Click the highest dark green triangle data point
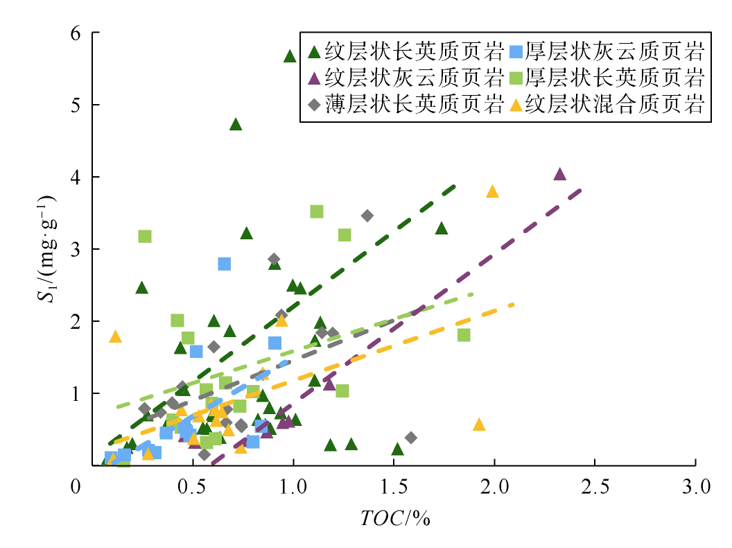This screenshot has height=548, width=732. click(x=290, y=56)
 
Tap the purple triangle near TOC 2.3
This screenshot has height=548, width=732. click(x=560, y=174)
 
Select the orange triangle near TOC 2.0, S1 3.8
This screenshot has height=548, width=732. click(x=493, y=191)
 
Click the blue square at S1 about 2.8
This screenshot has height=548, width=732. click(x=224, y=264)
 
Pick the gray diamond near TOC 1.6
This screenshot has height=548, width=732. click(x=410, y=437)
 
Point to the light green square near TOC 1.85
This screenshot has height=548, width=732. click(x=464, y=335)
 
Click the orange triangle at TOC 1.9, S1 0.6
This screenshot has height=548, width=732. click(x=478, y=425)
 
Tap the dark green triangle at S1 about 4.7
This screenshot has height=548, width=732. click(x=236, y=124)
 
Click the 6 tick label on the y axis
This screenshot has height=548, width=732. click(x=77, y=33)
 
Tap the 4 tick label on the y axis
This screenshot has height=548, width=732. click(x=77, y=177)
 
